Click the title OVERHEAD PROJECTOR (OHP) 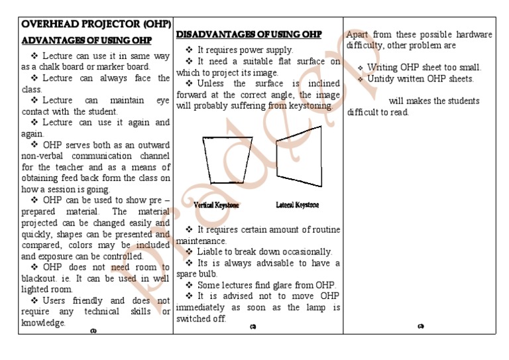tap(96, 25)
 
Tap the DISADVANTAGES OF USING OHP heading tap(249, 34)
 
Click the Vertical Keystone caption tap(217, 206)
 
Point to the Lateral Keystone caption tap(297, 206)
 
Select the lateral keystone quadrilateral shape tap(299, 154)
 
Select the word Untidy tap(383, 79)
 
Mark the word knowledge tap(43, 323)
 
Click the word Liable tap(210, 252)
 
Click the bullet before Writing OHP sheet tap(361, 68)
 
